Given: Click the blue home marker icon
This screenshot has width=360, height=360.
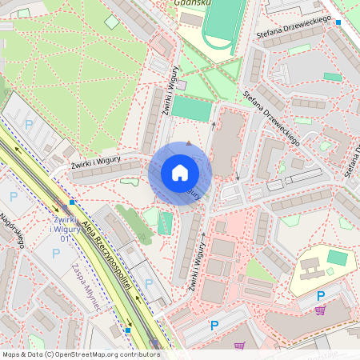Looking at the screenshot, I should pyautogui.click(x=180, y=174).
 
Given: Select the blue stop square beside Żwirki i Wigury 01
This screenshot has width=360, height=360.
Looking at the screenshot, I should pyautogui.click(x=72, y=203).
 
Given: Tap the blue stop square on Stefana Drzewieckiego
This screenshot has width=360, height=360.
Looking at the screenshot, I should pyautogui.click(x=338, y=22).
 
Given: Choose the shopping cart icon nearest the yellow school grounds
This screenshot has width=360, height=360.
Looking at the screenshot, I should pyautogui.click(x=320, y=310).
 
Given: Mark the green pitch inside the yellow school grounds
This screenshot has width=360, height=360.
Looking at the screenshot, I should pyautogui.click(x=338, y=258).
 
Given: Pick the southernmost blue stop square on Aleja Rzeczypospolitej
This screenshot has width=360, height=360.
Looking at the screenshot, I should pyautogui.click(x=127, y=330).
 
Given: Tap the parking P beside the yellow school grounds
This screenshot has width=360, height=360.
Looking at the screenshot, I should pyautogui.click(x=320, y=295).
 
